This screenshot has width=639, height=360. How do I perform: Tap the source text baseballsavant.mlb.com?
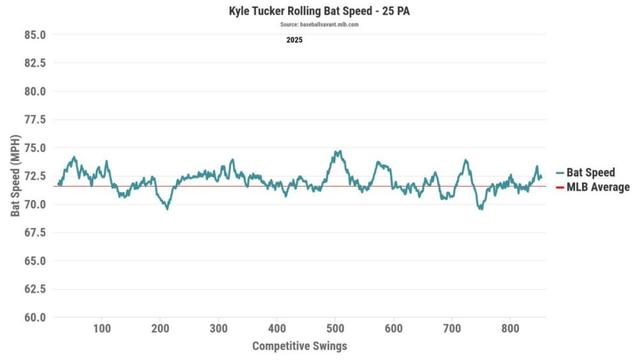[x=319, y=24]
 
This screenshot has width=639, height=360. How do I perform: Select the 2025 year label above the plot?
[x=294, y=40]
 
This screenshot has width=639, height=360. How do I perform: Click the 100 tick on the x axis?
[x=102, y=329]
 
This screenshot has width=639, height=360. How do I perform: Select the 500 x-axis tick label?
[x=335, y=329]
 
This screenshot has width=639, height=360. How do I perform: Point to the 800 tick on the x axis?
[x=510, y=329]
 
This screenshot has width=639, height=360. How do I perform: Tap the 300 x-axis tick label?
[x=219, y=329]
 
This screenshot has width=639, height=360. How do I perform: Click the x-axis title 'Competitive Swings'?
[x=300, y=346]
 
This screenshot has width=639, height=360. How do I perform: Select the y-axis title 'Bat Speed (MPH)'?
[x=15, y=176]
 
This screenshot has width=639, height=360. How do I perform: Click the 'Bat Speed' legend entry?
[x=590, y=173]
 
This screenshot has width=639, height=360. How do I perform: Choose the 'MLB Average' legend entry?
[x=597, y=187]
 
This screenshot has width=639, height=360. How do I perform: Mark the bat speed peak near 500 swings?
[x=337, y=152]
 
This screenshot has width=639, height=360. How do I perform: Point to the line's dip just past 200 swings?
[x=167, y=208]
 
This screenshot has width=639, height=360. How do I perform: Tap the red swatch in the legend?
[x=560, y=187]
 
